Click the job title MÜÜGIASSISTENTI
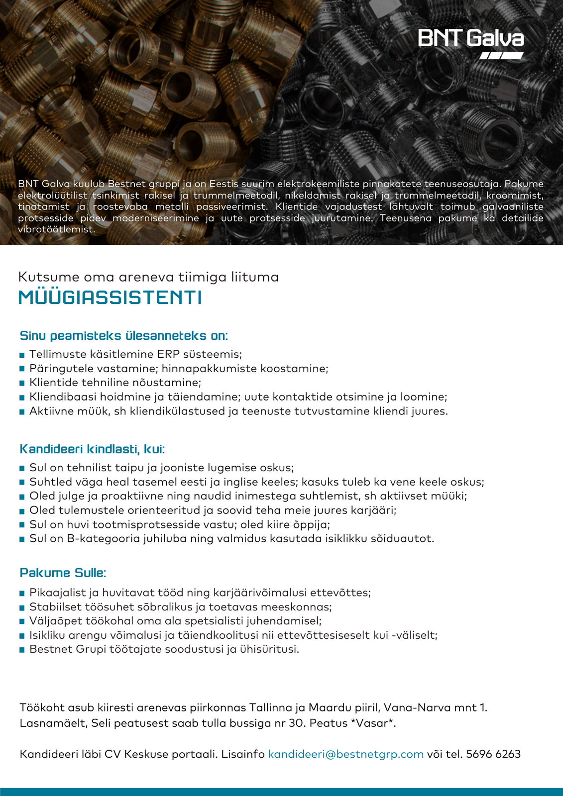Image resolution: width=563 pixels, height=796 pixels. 110,298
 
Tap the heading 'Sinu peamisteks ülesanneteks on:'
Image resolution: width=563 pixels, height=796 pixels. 123,336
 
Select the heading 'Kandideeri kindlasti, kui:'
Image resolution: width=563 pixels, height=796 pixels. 92,449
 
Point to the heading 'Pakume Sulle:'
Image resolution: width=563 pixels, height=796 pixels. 63,573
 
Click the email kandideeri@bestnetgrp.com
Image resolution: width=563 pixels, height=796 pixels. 345,754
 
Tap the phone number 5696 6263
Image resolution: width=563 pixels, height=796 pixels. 493,754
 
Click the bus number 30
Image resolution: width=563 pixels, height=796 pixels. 297,723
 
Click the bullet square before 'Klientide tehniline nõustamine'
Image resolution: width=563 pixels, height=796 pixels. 22,384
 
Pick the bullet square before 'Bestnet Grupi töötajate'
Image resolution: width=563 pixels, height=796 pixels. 22,650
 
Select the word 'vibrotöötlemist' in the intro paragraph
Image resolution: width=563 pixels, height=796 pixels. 56,229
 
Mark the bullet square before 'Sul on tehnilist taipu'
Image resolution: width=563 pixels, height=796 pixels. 22,469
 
